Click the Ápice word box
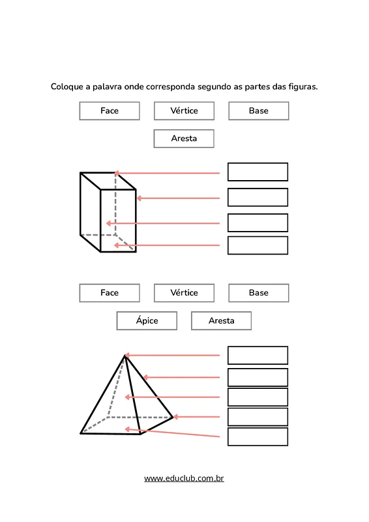147,320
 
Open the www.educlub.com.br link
184,478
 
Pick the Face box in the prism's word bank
110,111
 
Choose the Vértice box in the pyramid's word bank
184,293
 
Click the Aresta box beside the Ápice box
221,320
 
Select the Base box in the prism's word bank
259,111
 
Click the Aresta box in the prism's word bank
184,138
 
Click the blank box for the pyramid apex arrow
258,355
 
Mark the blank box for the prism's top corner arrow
258,172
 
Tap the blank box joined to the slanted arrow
258,437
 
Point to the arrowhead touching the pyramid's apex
127,355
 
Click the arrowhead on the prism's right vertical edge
139,198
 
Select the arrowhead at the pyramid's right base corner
175,417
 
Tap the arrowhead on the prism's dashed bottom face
116,245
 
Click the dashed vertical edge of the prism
115,204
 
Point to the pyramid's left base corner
81,433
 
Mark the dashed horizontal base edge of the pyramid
140,417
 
